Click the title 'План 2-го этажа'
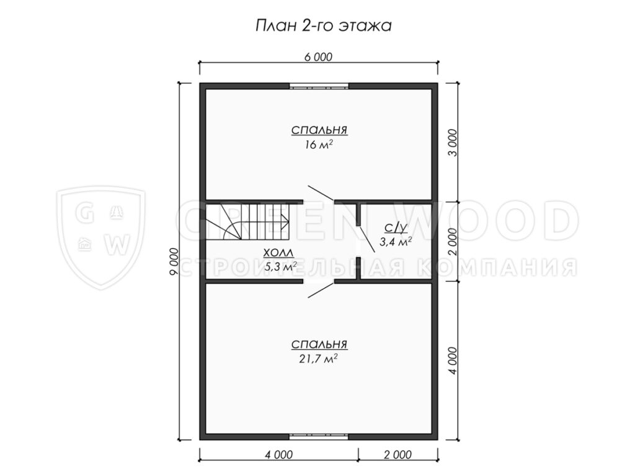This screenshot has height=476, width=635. point(324,26)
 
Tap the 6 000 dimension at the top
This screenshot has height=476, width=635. point(318,57)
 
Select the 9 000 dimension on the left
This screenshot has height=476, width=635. point(174,262)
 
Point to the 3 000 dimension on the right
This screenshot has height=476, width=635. point(453,143)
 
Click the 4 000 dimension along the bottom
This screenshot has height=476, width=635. point(278,455)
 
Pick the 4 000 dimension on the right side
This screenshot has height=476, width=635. point(453,360)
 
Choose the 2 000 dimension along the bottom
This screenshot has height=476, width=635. point(397,455)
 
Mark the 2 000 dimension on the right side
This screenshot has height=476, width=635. point(453,241)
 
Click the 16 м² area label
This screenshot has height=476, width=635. point(319,144)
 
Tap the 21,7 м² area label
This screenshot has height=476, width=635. point(319,358)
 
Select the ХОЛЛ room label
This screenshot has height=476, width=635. point(278,253)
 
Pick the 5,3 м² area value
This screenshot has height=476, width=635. point(280,267)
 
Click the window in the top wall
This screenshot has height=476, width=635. point(319,86)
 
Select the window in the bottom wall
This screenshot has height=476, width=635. point(319,437)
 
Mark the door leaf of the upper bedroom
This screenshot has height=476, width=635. point(321,193)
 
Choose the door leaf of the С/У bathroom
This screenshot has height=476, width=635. point(366,239)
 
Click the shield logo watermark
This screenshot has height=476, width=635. point(100,238)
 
